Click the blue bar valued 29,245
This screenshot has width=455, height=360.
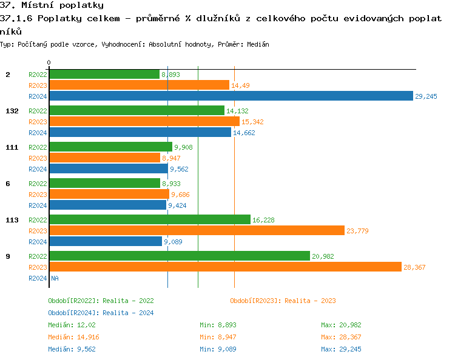pyautogui.click(x=231, y=96)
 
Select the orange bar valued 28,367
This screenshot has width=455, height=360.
pyautogui.click(x=225, y=267)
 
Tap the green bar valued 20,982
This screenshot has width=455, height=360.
pyautogui.click(x=179, y=256)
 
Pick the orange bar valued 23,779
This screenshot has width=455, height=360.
pyautogui.click(x=197, y=230)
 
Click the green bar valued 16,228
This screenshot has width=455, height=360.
pyautogui.click(x=149, y=219)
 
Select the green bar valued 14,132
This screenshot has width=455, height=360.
pyautogui.click(x=136, y=110)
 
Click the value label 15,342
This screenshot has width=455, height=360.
pyautogui.click(x=252, y=122)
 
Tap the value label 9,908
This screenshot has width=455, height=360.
pyautogui.click(x=183, y=147)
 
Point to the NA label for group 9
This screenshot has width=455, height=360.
pyautogui.click(x=55, y=278)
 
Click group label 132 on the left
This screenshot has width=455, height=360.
pyautogui.click(x=11, y=111)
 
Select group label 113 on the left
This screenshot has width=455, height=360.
pyautogui.click(x=11, y=220)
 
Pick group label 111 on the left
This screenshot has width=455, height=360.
pyautogui.click(x=11, y=147)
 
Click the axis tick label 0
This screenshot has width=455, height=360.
pyautogui.click(x=49, y=62)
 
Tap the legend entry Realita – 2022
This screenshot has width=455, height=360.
pyautogui.click(x=101, y=301)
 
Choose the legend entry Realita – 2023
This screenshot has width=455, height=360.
pyautogui.click(x=283, y=301)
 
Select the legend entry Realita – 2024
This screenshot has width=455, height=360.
pyautogui.click(x=101, y=313)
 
